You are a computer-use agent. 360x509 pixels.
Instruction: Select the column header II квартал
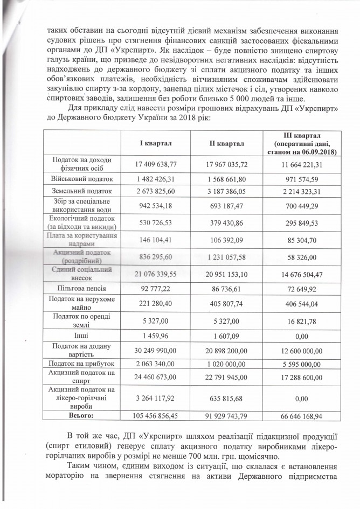point(227,144)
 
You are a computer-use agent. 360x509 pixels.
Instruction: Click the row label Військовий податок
point(84,178)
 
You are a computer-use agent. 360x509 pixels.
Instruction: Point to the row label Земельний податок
point(84,191)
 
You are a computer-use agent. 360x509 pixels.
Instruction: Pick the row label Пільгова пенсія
point(84,289)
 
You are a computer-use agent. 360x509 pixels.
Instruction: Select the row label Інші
point(84,336)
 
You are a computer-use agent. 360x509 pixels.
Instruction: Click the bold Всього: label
point(84,415)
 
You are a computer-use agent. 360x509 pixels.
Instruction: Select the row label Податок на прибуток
point(84,364)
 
